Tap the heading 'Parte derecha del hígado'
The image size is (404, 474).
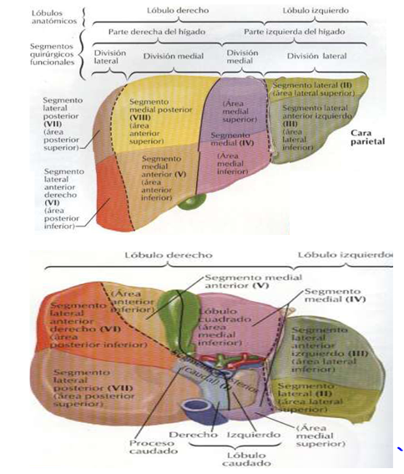[159, 32]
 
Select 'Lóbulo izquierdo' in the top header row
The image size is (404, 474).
[316, 11]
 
